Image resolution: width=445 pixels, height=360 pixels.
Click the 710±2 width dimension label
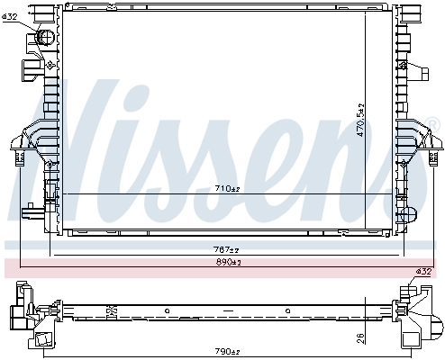(x=226, y=189)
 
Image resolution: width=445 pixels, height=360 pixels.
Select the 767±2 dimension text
(x=226, y=249)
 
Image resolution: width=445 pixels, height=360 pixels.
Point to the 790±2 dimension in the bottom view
(x=226, y=350)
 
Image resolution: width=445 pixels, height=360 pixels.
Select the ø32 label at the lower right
(x=423, y=272)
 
